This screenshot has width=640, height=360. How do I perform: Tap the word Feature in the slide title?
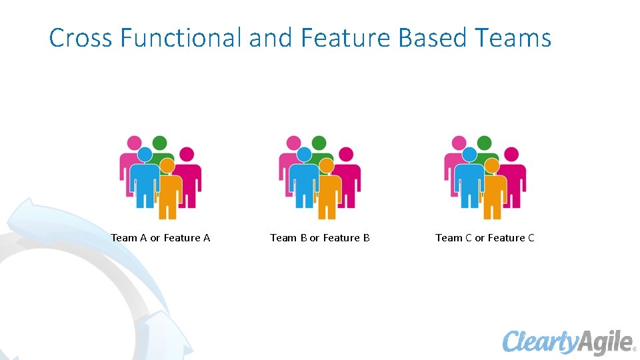(345, 38)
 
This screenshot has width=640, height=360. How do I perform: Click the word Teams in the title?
(514, 38)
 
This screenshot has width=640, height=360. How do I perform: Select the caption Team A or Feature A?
(160, 238)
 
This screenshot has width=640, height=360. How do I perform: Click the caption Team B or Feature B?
(319, 238)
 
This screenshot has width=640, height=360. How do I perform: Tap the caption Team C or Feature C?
(485, 238)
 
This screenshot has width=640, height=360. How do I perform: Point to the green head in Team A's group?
(159, 143)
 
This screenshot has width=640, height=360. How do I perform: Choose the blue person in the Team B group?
(303, 180)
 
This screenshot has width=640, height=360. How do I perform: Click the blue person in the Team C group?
(469, 180)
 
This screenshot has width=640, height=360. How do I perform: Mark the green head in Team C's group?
(484, 143)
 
